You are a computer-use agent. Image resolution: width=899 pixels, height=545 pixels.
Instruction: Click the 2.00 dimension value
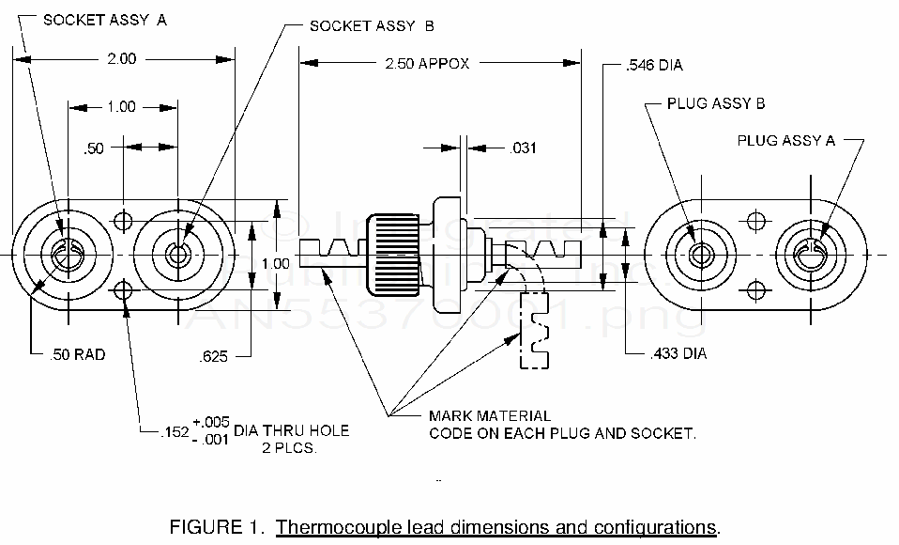click(x=121, y=58)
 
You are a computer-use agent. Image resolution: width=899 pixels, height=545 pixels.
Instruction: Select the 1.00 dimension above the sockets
click(x=121, y=106)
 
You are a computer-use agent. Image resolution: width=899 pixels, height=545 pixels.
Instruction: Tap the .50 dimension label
click(x=94, y=148)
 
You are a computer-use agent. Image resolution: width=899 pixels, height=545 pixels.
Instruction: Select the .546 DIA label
click(x=653, y=66)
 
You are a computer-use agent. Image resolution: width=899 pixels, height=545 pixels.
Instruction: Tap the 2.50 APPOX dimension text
click(x=427, y=64)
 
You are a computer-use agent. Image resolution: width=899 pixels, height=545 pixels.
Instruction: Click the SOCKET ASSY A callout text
click(x=105, y=20)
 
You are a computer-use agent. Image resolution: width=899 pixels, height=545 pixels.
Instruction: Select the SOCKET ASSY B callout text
click(x=372, y=26)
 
